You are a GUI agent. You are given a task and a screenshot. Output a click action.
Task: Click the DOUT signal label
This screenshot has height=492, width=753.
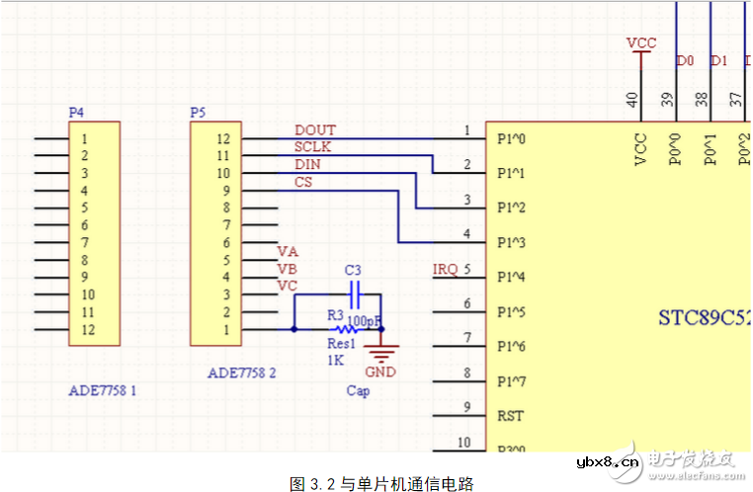[314, 130]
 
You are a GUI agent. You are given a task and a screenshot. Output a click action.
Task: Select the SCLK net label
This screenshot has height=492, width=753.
[313, 147]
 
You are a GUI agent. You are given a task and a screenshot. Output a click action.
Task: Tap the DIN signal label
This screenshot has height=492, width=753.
[307, 164]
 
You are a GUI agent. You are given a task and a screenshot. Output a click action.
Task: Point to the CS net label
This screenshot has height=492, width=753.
[302, 182]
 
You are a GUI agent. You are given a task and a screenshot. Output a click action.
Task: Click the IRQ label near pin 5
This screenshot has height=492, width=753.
[445, 270]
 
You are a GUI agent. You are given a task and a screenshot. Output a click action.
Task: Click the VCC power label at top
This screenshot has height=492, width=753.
[641, 43]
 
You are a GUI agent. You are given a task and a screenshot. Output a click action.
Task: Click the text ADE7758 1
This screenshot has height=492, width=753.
[102, 391]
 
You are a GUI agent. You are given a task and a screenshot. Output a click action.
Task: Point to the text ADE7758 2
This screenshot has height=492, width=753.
[241, 373]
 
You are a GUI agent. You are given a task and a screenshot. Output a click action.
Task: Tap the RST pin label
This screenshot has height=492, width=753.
[510, 416]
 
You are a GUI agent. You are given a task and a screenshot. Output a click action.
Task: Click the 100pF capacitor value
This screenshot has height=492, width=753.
[366, 321]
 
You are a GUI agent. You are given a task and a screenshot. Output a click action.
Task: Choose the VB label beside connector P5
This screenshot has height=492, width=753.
[287, 269]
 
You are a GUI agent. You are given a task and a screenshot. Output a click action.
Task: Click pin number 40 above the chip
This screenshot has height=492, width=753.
[631, 98]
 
